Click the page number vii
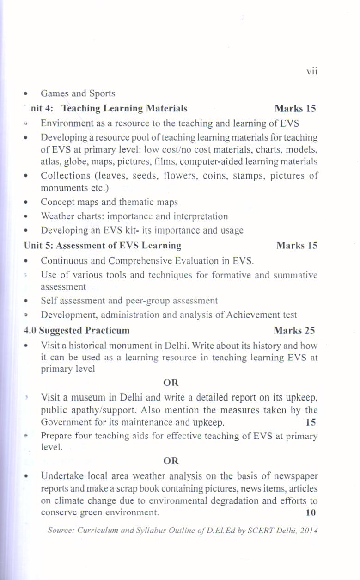pyautogui.click(x=312, y=72)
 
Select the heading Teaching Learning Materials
pyautogui.click(x=124, y=109)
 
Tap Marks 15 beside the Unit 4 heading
pyautogui.click(x=295, y=109)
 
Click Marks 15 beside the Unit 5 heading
pyautogui.click(x=296, y=246)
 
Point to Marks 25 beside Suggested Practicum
pyautogui.click(x=294, y=331)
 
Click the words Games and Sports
pyautogui.click(x=78, y=93)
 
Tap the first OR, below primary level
pyautogui.click(x=171, y=383)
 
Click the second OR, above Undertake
pyautogui.click(x=171, y=461)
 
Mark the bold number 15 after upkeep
pyautogui.click(x=311, y=422)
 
